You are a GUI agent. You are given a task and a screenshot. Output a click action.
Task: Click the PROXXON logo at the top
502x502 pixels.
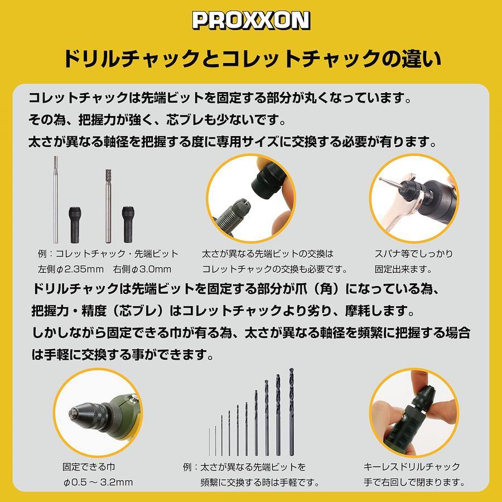251,21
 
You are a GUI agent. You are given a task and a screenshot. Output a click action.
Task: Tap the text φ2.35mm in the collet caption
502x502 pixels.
80,269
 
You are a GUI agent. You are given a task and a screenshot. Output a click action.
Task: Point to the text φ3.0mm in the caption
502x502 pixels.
151,269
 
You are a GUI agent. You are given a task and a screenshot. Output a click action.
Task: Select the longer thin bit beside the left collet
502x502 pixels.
56,200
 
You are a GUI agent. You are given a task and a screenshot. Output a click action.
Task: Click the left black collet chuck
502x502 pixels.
75,225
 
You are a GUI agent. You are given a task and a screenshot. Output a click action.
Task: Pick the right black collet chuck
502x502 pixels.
128,224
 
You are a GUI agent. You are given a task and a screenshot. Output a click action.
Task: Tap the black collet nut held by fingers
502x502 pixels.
267,181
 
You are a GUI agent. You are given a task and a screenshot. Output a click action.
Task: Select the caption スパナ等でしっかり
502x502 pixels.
414,254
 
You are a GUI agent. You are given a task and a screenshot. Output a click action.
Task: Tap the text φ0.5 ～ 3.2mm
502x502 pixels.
98,482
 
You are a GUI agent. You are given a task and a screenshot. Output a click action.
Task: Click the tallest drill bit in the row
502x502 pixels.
291,412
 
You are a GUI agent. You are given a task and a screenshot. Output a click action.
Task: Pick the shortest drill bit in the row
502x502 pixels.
209,442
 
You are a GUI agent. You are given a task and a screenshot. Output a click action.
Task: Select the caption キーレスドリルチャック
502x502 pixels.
412,467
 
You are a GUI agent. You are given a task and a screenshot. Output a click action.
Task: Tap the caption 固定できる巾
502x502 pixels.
89,467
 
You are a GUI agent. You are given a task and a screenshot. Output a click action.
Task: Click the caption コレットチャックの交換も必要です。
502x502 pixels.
274,269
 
